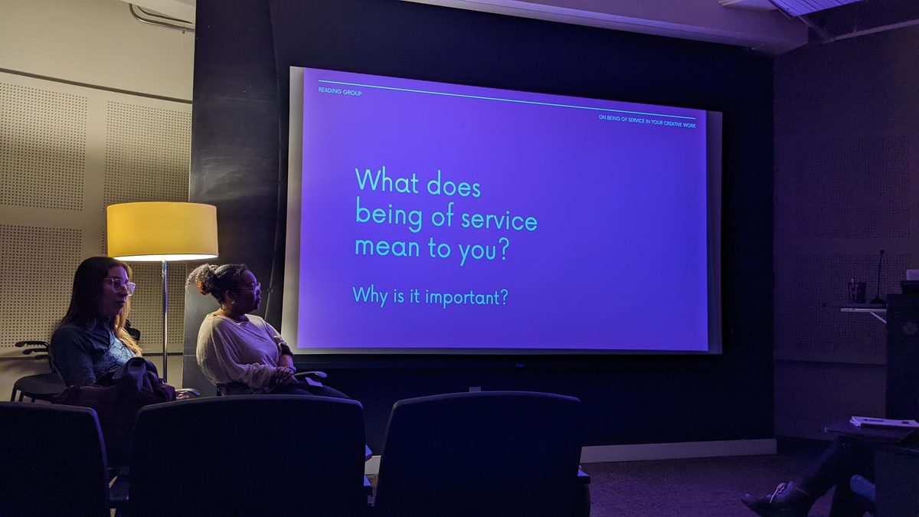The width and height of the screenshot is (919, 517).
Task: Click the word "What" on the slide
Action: [x=387, y=181]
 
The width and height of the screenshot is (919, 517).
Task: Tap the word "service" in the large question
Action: [x=499, y=220]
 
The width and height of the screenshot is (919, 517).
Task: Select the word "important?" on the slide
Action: [x=466, y=296]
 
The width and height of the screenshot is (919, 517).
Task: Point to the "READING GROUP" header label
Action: [x=340, y=92]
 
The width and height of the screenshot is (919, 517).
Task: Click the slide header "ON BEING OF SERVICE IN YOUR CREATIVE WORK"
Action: [x=647, y=121]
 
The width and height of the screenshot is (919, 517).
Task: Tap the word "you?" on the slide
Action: [x=484, y=250]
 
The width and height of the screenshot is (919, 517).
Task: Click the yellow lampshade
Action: [x=162, y=231]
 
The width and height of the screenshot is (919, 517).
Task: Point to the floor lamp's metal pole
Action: [x=165, y=320]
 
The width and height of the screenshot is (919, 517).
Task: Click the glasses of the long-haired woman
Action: [x=119, y=285]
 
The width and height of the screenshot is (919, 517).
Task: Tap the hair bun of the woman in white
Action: [x=202, y=278]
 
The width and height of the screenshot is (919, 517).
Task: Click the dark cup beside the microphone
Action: [x=857, y=292]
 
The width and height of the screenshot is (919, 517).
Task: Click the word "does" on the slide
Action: [x=453, y=185]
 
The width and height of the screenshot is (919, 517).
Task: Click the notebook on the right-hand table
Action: [x=885, y=422]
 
